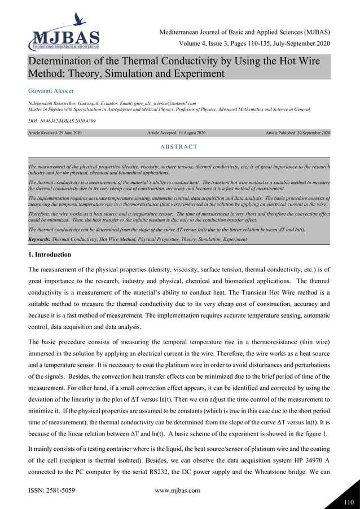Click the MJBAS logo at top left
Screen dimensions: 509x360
[63, 33]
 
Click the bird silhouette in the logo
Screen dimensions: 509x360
[78, 20]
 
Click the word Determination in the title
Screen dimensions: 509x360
[62, 62]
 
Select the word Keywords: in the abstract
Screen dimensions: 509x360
[39, 240]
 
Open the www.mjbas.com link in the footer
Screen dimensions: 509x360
[177, 490]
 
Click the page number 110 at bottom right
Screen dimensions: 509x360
[348, 499]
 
